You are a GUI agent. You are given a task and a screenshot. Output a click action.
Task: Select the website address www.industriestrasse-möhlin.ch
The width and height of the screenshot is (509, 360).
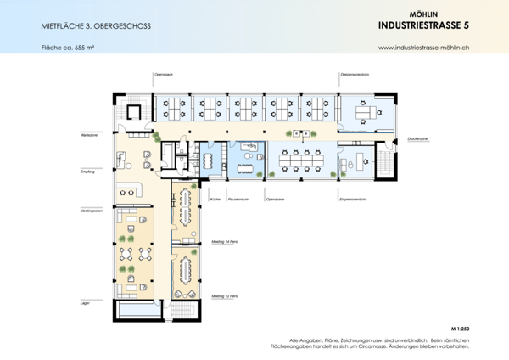coord(424,49)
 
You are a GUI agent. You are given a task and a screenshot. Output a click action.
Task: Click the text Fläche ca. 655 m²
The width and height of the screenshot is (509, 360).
coord(67,48)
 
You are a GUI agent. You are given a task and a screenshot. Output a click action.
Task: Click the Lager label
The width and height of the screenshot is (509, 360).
coord(85,302)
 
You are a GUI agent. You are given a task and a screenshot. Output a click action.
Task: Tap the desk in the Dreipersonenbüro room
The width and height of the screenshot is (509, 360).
coord(367,110)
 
